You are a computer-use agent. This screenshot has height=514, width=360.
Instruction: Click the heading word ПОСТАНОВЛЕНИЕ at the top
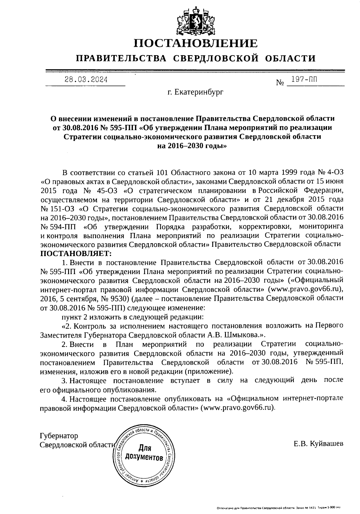click(x=195, y=43)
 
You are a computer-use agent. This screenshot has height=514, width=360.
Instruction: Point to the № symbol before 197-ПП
click(x=280, y=82)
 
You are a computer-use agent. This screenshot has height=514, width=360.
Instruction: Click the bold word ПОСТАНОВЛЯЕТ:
click(x=76, y=253)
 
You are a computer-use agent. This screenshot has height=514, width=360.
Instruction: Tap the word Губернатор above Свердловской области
click(x=59, y=435)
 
